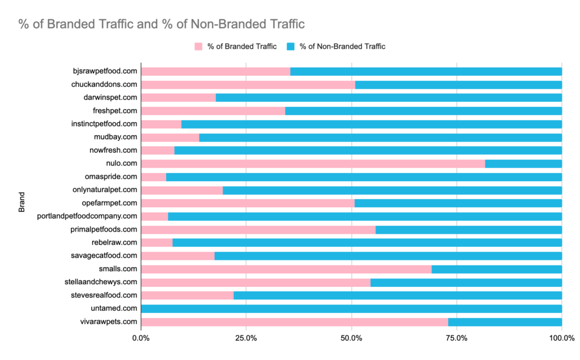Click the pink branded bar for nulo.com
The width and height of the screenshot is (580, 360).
click(313, 164)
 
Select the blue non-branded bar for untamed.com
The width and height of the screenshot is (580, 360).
click(351, 308)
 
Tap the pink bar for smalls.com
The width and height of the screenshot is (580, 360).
click(286, 269)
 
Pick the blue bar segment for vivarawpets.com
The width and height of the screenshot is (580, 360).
click(505, 322)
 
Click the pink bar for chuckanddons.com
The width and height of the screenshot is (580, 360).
click(248, 84)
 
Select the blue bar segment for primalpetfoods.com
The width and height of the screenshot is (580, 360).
click(468, 229)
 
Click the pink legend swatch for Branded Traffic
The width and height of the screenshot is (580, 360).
click(199, 46)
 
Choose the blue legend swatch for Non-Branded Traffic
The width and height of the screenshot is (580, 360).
click(291, 46)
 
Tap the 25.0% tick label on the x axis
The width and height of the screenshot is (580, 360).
click(246, 338)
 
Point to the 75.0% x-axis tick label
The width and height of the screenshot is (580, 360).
click(457, 338)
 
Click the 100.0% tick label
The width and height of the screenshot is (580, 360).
click(562, 338)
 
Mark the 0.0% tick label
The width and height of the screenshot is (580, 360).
click(141, 338)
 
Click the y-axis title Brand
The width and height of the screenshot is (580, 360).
click(22, 203)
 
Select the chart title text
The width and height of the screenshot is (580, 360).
click(161, 24)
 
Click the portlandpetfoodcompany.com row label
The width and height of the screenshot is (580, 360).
click(87, 216)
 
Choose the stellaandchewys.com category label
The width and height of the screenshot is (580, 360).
click(101, 282)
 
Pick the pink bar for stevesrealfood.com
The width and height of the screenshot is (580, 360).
click(187, 295)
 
